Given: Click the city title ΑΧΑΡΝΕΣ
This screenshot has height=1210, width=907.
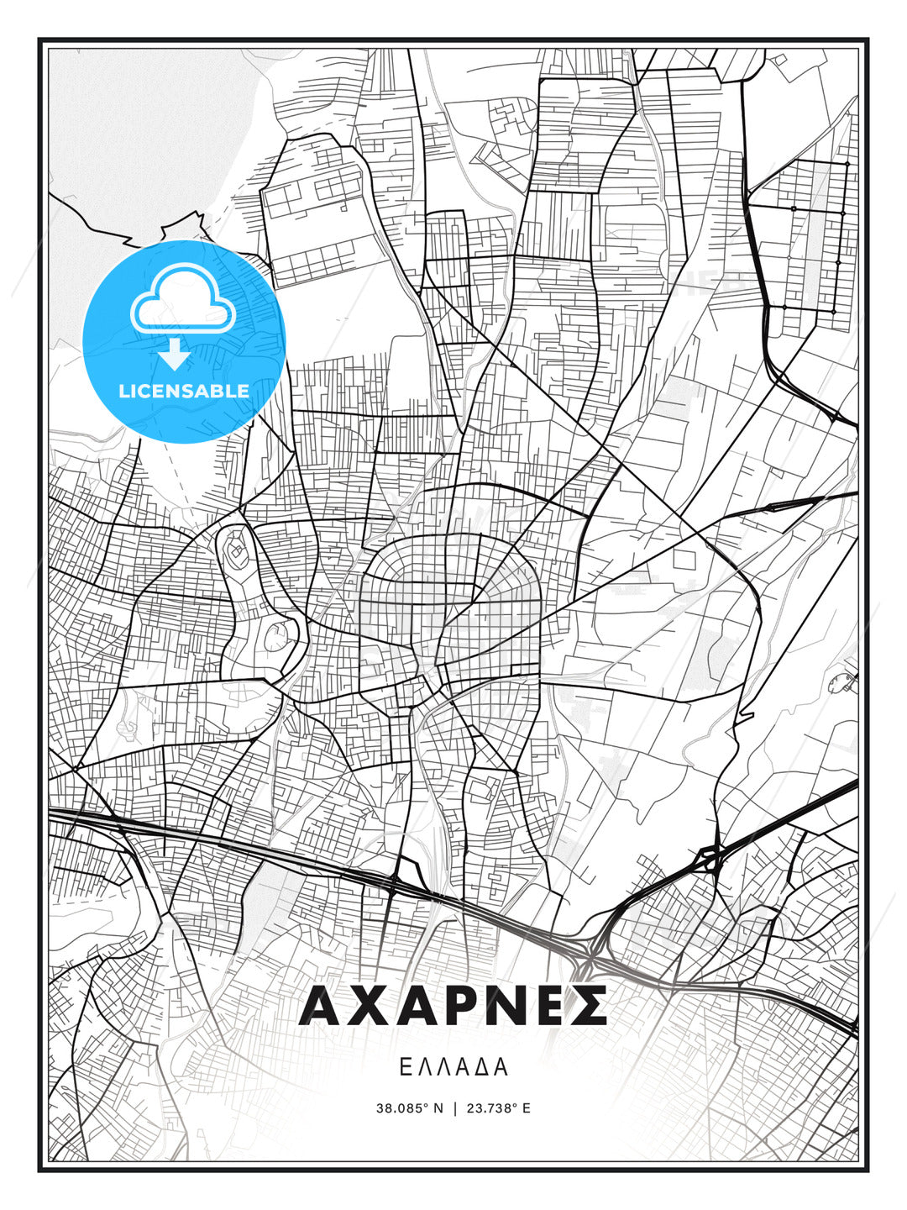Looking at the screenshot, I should click(453, 1006).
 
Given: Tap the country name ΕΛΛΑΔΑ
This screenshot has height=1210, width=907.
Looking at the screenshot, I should click(453, 1067).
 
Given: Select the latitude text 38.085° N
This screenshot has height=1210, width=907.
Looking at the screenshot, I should click(409, 1108).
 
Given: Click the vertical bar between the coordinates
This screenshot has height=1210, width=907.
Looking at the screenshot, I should click(454, 1108).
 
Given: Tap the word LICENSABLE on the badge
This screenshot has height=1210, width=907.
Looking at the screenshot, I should click(184, 391).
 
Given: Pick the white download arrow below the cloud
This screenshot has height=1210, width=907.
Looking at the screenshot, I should click(175, 355).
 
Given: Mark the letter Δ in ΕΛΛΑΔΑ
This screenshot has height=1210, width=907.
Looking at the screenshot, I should click(480, 1067).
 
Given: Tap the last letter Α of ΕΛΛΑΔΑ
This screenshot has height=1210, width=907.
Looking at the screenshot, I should click(501, 1067).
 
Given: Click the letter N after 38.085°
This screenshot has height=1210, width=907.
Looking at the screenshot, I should click(438, 1108).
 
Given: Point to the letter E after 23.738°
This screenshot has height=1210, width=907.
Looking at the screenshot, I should click(527, 1108).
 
